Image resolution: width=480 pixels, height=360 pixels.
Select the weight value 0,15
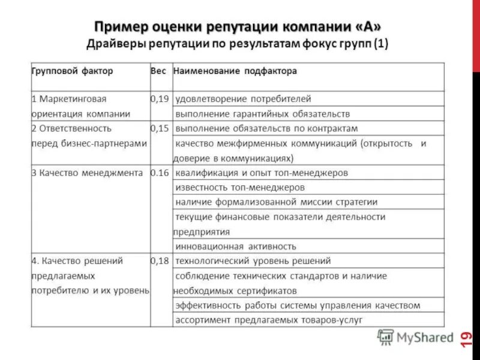point(160,128)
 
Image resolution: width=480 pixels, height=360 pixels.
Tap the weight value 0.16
point(160,173)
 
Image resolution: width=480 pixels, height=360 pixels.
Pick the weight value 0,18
point(160,261)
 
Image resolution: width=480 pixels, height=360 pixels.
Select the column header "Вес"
point(158,71)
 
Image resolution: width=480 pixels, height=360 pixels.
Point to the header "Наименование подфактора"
point(235,71)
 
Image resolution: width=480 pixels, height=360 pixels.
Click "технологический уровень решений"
point(253,261)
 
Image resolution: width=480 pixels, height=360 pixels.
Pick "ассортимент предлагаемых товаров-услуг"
point(268,320)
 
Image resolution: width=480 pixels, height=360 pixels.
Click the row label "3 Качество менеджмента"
point(87,173)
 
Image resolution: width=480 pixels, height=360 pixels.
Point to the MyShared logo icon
point(385,337)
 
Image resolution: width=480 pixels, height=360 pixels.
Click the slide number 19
point(466,339)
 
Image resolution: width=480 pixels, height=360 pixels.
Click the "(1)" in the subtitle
point(380,44)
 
